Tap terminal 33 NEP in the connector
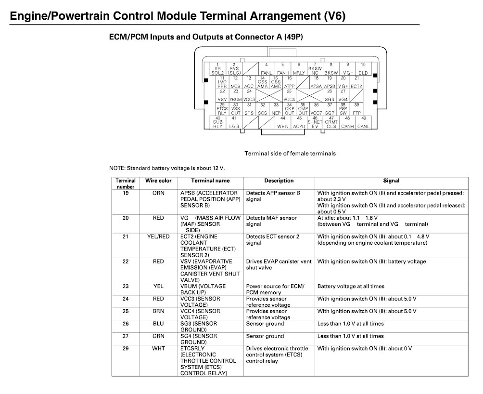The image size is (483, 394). [x=276, y=109]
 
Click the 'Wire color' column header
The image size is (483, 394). [x=158, y=181]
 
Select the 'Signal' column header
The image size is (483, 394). [x=391, y=181]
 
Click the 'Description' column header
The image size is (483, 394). [x=279, y=181]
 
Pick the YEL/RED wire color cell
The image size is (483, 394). [x=158, y=237]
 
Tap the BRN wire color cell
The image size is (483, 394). [x=158, y=312]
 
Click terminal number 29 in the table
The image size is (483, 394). [x=126, y=349]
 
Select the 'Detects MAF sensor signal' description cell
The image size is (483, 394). [x=272, y=221]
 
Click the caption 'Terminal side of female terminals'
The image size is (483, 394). [x=290, y=154]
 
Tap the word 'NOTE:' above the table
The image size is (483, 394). [x=117, y=168]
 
